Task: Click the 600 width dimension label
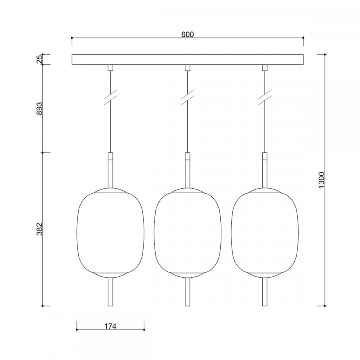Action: [187, 34]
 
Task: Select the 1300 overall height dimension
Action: [322, 180]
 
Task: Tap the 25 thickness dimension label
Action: [39, 59]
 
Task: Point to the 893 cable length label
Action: [39, 108]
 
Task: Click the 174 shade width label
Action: [110, 326]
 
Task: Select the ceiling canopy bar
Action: [188, 59]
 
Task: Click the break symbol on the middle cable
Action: [188, 97]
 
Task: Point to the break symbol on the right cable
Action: [265, 97]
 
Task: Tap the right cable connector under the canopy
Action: [265, 68]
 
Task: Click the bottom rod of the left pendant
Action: [110, 292]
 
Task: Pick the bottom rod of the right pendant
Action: [265, 292]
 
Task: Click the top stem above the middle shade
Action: [188, 170]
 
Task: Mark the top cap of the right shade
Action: [265, 191]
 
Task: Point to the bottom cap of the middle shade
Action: [188, 274]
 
